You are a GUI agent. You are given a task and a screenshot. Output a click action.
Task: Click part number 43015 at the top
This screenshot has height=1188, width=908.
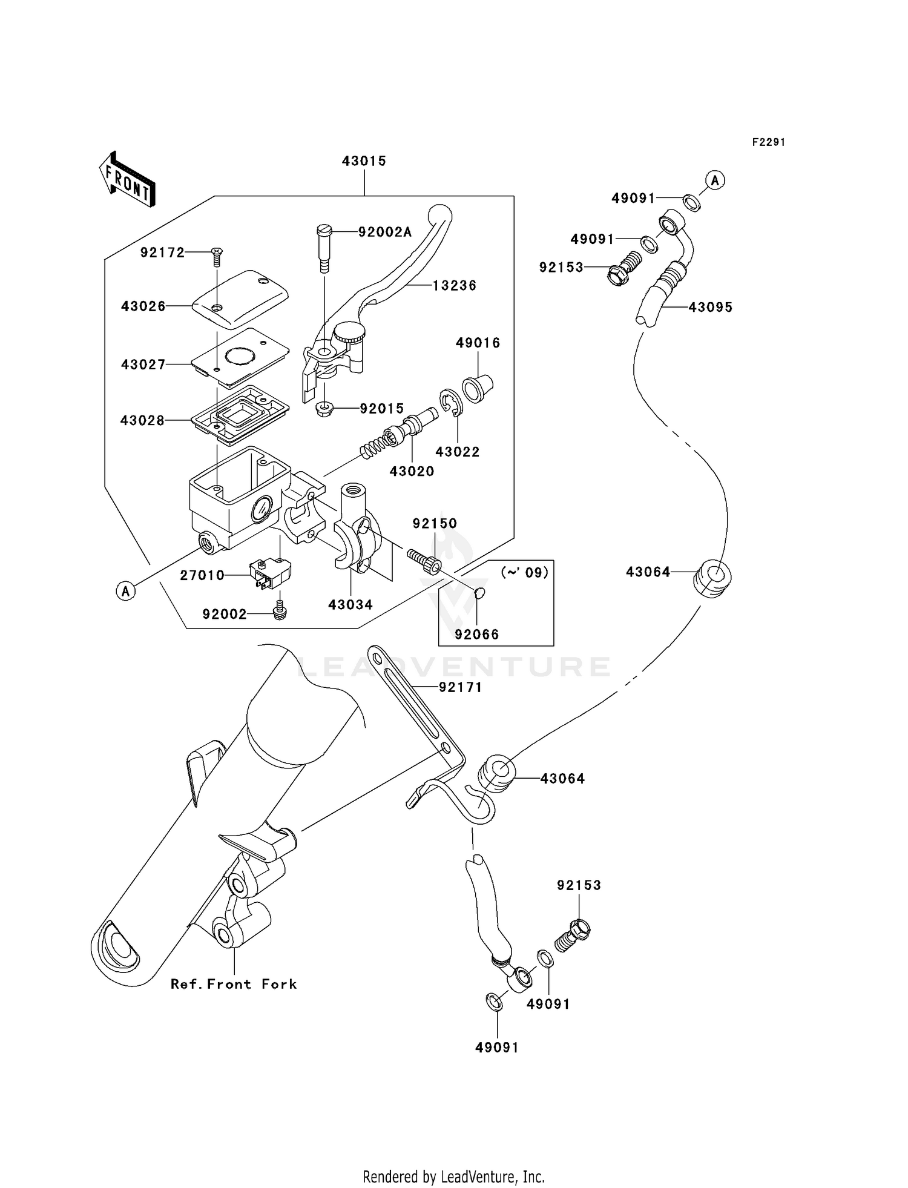point(364,161)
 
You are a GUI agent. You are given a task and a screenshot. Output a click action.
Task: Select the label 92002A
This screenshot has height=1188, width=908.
point(385,232)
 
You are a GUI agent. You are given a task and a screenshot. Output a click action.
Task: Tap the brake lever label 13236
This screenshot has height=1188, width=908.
point(455,285)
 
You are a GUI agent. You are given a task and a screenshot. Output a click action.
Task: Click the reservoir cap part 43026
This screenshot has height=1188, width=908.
point(240,300)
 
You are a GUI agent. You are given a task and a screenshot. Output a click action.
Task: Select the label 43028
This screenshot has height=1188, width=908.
point(142,420)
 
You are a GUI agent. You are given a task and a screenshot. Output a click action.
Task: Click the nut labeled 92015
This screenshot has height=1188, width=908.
point(326,409)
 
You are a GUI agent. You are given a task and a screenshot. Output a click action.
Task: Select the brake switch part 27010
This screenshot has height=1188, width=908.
point(270,573)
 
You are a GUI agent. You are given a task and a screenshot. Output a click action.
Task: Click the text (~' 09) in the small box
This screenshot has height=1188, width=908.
point(524,572)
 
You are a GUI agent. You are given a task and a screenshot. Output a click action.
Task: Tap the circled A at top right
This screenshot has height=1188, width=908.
point(716,180)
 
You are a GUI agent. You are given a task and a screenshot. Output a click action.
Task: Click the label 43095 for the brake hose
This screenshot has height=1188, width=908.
point(711,307)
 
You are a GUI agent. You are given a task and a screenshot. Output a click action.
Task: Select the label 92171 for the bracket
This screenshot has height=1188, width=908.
point(461,687)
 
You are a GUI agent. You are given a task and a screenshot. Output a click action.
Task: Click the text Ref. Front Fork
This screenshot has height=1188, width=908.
point(234,984)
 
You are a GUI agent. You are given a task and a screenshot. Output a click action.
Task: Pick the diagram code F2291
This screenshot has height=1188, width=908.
point(769,142)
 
